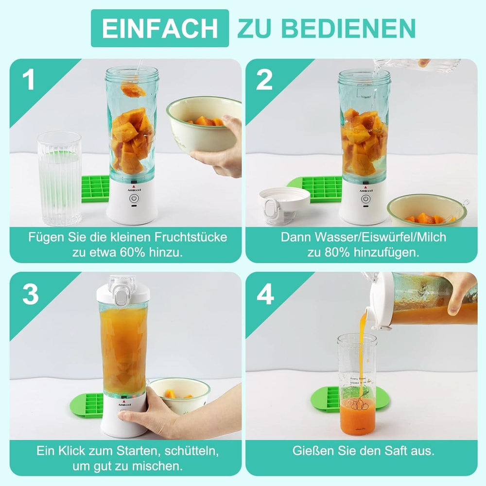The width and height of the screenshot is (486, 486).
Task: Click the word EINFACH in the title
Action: tap(159, 28)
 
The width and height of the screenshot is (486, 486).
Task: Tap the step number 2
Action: tap(264, 81)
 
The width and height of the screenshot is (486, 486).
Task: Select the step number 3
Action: tap(30, 295)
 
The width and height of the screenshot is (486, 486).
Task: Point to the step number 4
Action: tap(265, 295)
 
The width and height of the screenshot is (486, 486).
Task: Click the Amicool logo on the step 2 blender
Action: tap(365, 190)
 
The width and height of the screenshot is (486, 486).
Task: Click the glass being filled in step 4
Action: tap(357, 384)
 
